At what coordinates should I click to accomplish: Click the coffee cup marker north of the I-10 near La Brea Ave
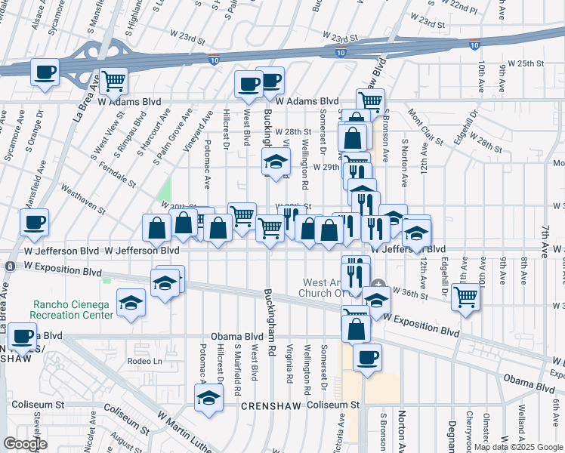coord(45,73)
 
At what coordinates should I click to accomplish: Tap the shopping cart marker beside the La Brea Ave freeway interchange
coord(113,80)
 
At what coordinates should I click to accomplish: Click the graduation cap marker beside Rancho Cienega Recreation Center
coord(131,304)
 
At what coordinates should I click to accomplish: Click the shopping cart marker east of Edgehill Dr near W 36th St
coord(466,297)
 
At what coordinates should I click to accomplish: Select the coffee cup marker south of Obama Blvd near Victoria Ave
coord(367,358)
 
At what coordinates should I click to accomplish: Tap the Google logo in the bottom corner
coord(25,444)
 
